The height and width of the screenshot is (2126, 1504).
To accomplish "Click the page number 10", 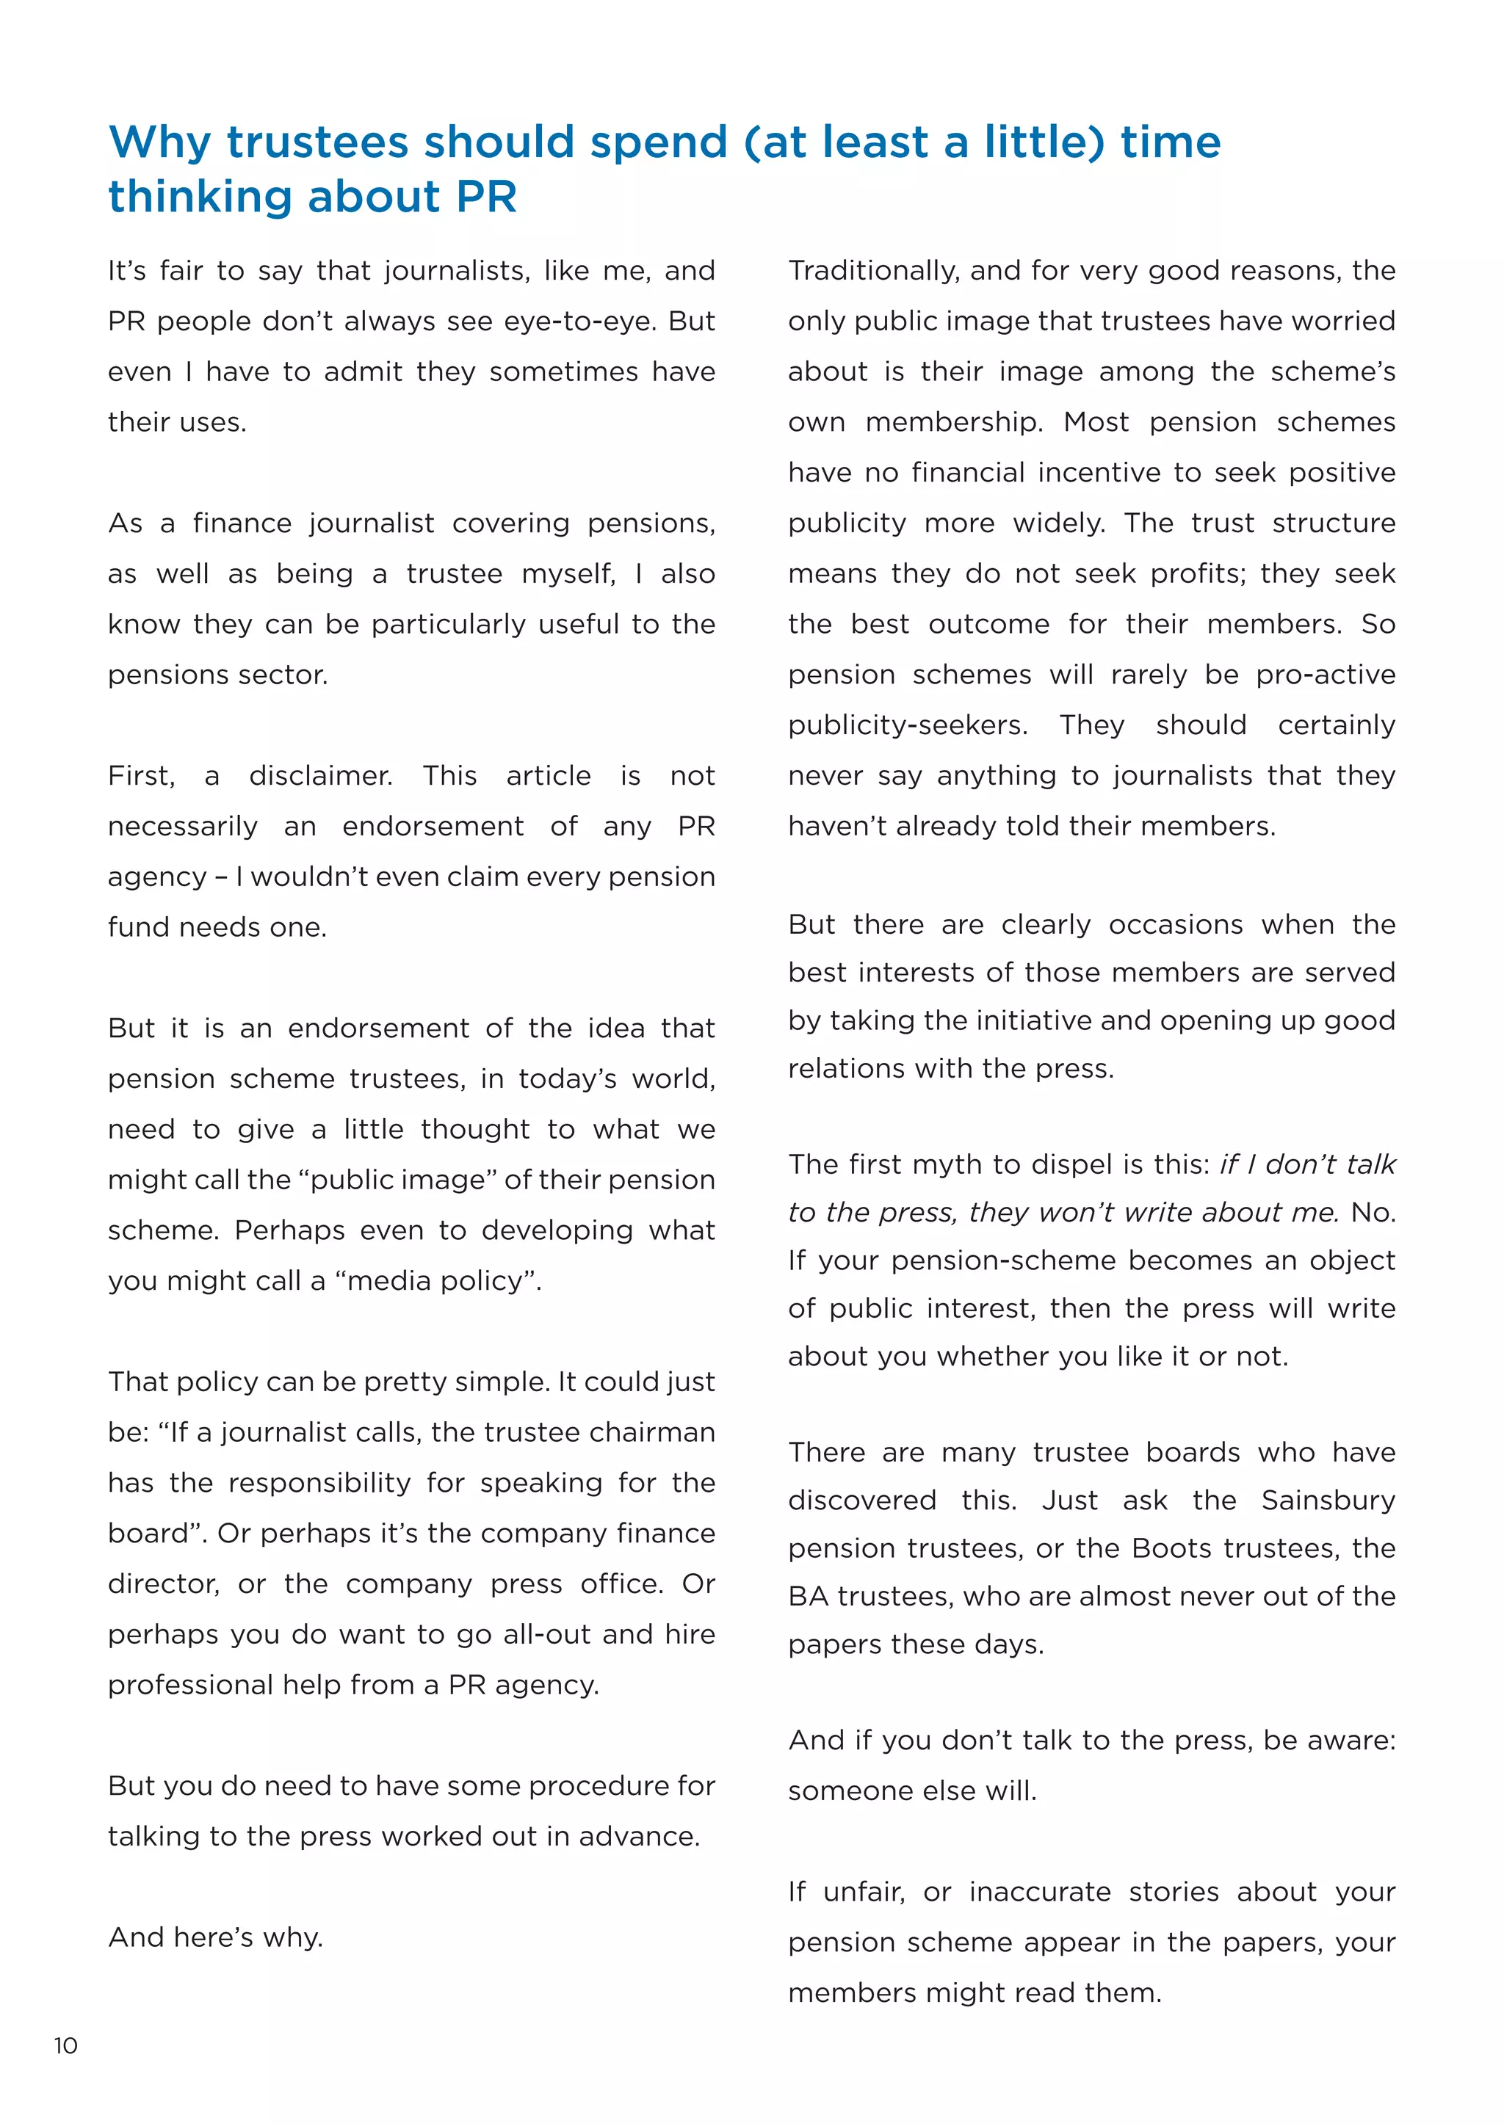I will coord(66,2045).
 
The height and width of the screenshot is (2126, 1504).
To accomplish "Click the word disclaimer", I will coord(320,776).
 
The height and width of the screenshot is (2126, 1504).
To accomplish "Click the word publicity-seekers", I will coord(908,725).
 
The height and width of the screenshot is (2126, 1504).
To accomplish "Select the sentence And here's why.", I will coord(216,1937).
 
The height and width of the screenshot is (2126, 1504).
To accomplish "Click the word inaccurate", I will coord(1040,1892).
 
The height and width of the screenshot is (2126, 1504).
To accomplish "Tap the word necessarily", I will coord(182,827).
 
